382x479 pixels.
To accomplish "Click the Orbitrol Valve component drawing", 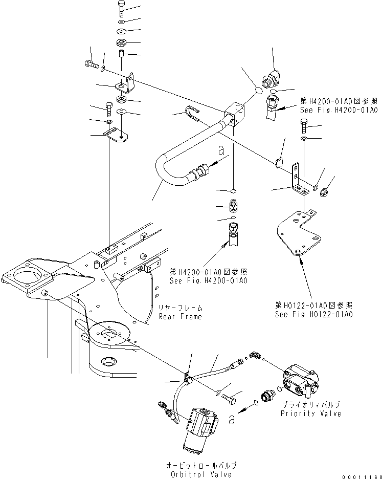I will pyautogui.click(x=200, y=425).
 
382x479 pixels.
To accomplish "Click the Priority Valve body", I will pyautogui.click(x=299, y=381).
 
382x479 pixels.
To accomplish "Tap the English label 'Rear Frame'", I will pyautogui.click(x=180, y=316).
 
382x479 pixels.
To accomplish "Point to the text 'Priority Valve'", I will pyautogui.click(x=310, y=413).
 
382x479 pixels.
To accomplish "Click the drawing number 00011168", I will pyautogui.click(x=362, y=474).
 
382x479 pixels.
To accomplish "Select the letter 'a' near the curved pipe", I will pyautogui.click(x=221, y=150).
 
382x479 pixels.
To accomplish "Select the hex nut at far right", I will pyautogui.click(x=324, y=192).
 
